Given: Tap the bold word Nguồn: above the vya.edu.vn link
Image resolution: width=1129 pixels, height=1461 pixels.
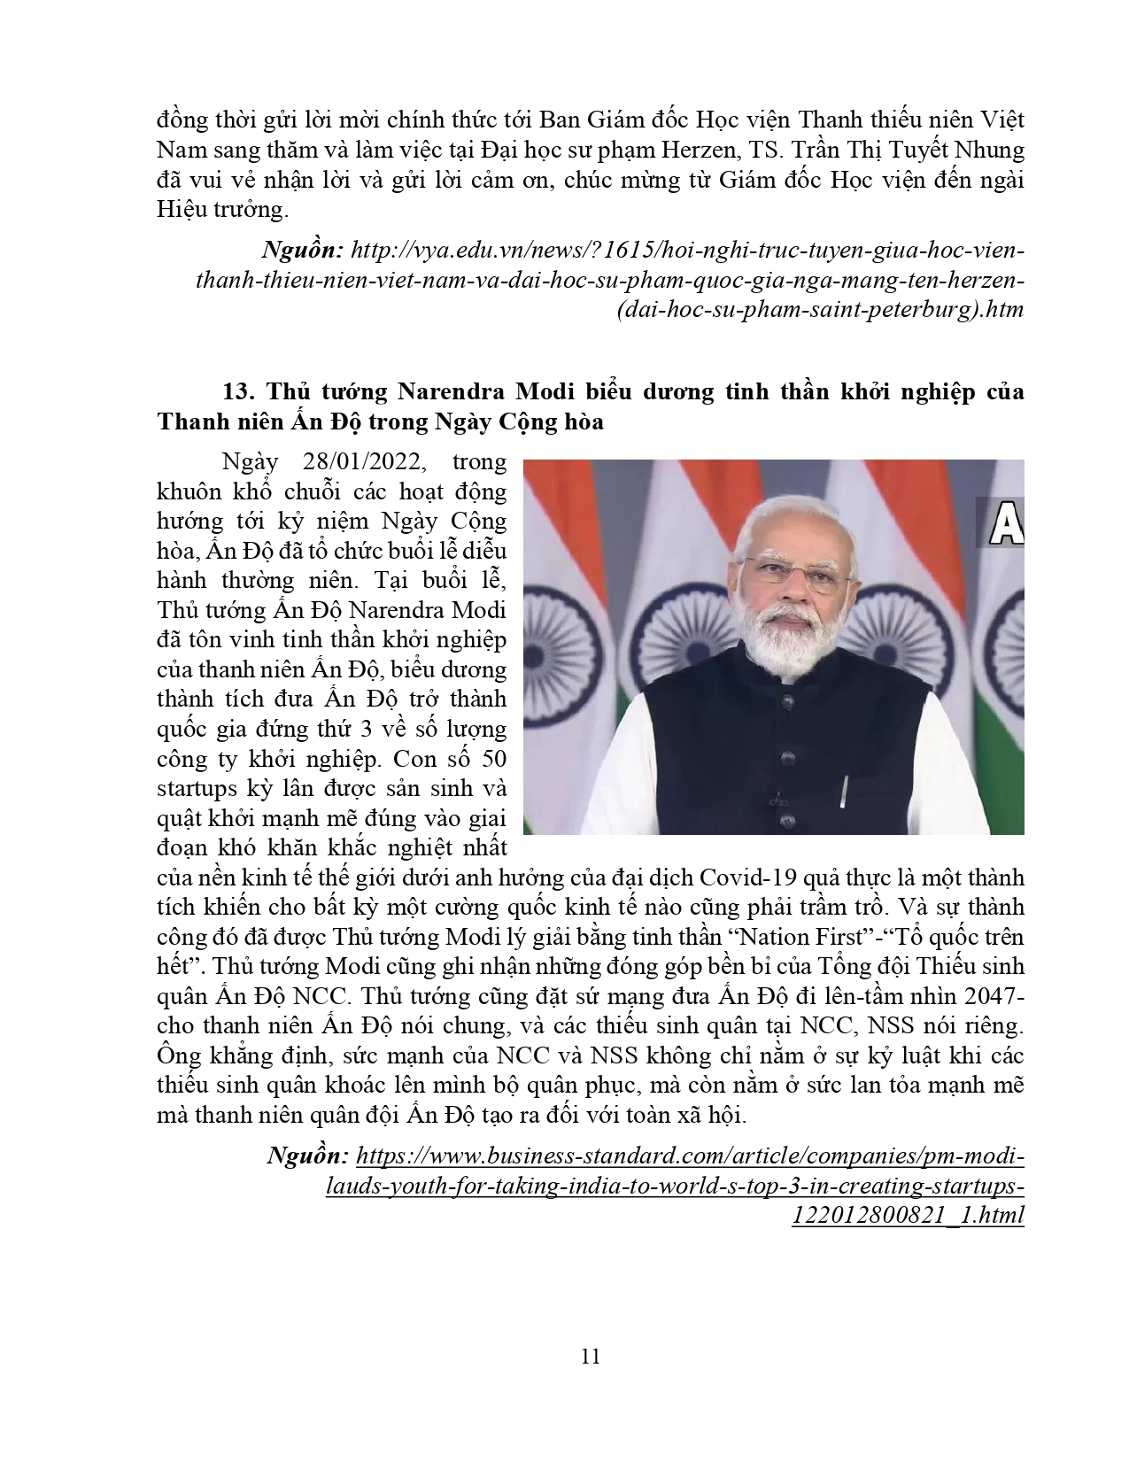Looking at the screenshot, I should click(300, 251).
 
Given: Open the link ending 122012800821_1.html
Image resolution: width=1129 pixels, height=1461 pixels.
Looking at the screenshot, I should click(909, 1215).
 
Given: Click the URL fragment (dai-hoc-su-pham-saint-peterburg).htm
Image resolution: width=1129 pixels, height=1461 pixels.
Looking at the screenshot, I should click(822, 310).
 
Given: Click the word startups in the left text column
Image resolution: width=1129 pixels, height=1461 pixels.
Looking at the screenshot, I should click(197, 788).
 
